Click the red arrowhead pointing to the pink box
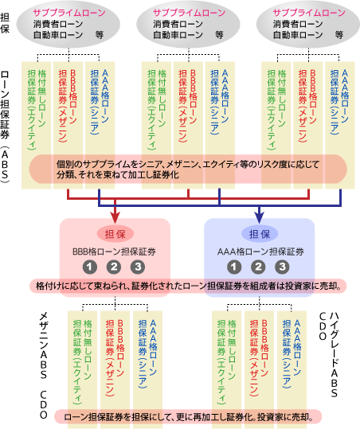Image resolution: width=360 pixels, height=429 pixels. click(x=115, y=217)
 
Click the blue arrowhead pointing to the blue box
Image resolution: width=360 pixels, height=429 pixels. click(x=260, y=217)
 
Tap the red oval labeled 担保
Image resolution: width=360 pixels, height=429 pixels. click(x=115, y=234)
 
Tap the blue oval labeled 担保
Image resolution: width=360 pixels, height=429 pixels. click(x=260, y=234)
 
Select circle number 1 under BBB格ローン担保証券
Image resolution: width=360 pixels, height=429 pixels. click(x=90, y=267)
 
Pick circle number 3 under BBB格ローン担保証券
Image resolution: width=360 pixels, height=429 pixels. click(x=138, y=267)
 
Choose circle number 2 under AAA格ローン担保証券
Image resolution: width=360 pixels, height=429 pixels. click(x=258, y=267)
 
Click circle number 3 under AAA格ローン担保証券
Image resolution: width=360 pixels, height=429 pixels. click(x=282, y=267)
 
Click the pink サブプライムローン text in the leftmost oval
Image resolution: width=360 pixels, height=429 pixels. click(x=69, y=13)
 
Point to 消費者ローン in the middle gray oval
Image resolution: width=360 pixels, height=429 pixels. click(x=178, y=24)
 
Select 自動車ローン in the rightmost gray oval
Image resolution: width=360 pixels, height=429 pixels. click(x=298, y=35)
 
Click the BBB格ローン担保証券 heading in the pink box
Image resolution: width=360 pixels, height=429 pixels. click(x=114, y=252)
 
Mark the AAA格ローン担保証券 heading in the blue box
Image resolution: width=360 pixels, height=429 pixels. click(x=260, y=252)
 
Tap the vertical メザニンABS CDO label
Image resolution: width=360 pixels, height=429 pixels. click(x=44, y=366)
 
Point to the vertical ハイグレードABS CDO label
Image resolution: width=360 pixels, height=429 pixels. click(x=328, y=355)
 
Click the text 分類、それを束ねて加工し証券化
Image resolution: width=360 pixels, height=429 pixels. click(x=118, y=175)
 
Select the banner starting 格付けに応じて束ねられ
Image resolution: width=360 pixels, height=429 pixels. click(x=188, y=287)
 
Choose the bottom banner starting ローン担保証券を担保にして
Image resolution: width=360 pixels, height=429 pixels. click(x=188, y=417)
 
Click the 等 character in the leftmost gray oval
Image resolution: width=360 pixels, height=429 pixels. click(x=99, y=35)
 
